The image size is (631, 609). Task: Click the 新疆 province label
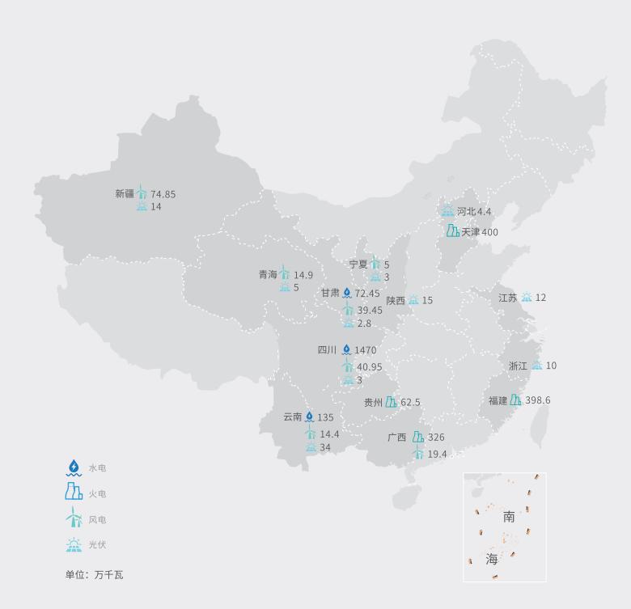coord(125,194)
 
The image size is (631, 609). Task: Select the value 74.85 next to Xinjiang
coord(163,194)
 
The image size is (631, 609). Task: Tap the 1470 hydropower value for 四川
coord(365,350)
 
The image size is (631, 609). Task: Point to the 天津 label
coord(470,232)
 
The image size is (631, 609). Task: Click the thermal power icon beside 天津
coord(453,231)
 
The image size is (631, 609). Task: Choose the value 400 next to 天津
coord(489,232)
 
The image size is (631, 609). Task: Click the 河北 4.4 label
coord(473,212)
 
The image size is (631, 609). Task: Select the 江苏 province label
coord(507,298)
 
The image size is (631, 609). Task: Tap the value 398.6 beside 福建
coord(537,400)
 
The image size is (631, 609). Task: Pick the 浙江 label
coord(518,366)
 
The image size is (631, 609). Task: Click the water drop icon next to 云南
coord(309,417)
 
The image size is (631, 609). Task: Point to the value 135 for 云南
coord(325,418)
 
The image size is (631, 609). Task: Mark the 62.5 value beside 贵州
coord(410,402)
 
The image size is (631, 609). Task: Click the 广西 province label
coord(396,438)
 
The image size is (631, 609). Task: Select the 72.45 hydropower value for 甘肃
coord(367,294)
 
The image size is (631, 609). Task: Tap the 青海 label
coord(268,275)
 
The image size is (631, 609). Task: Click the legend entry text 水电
coord(97,468)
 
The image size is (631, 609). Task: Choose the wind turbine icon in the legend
coord(74,518)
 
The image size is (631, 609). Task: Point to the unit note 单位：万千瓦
coord(94,575)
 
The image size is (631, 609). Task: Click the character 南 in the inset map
coord(509,517)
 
